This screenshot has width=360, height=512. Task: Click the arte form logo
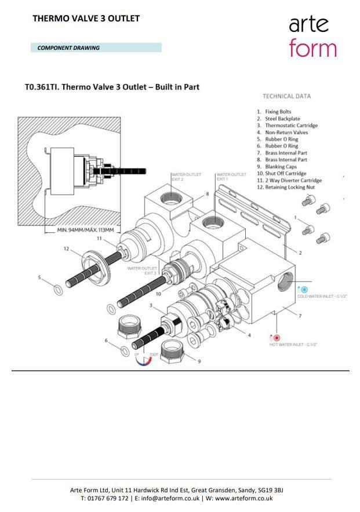click(x=312, y=36)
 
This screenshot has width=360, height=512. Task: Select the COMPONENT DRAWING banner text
click(x=68, y=48)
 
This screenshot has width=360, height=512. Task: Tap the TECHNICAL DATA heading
click(x=286, y=97)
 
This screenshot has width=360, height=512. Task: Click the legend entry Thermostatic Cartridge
click(x=291, y=126)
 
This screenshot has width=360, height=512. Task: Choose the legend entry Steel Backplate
click(x=282, y=119)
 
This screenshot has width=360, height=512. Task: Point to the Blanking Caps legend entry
click(x=281, y=167)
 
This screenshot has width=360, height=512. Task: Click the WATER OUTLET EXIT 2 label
click(x=185, y=177)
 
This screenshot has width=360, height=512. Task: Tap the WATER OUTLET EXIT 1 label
click(x=231, y=177)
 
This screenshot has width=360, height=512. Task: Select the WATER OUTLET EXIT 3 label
click(x=142, y=270)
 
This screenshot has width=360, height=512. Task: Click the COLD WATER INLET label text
click(x=322, y=297)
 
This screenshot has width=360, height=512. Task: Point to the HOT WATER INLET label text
click(x=293, y=345)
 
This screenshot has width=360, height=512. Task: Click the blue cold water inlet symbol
click(x=304, y=289)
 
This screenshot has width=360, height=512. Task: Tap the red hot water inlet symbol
click(x=277, y=338)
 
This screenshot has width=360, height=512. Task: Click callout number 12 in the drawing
click(x=66, y=249)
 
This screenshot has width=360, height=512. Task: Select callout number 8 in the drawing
click(x=206, y=194)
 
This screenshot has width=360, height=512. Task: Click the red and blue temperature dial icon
click(x=143, y=359)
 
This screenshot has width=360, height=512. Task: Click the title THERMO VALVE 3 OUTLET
click(x=86, y=19)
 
